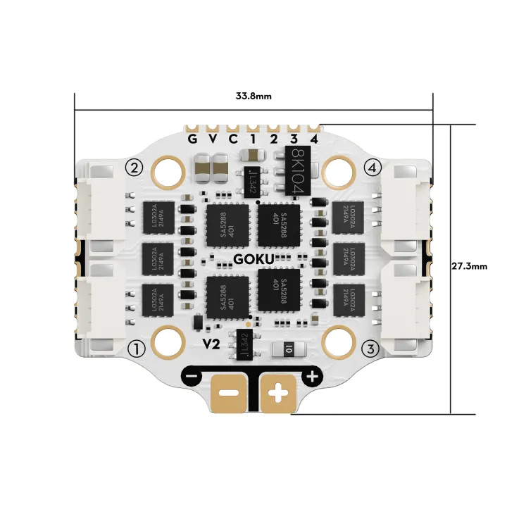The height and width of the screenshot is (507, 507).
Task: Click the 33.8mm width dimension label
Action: [x=254, y=96]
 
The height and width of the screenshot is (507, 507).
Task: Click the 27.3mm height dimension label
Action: [x=468, y=267]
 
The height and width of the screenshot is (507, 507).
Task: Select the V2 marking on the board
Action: [x=211, y=344]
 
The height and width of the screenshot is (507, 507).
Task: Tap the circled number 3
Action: [x=373, y=348]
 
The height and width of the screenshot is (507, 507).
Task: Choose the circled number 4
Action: [x=373, y=167]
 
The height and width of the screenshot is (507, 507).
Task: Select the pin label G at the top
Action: [x=192, y=138]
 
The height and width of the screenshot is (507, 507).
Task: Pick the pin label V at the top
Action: [x=213, y=138]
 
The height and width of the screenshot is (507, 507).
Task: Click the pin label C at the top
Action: [x=233, y=138]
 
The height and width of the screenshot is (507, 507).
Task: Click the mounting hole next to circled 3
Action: [x=339, y=342]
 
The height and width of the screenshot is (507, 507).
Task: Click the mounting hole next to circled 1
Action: [x=168, y=342]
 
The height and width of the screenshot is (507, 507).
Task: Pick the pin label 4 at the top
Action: [x=314, y=138]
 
